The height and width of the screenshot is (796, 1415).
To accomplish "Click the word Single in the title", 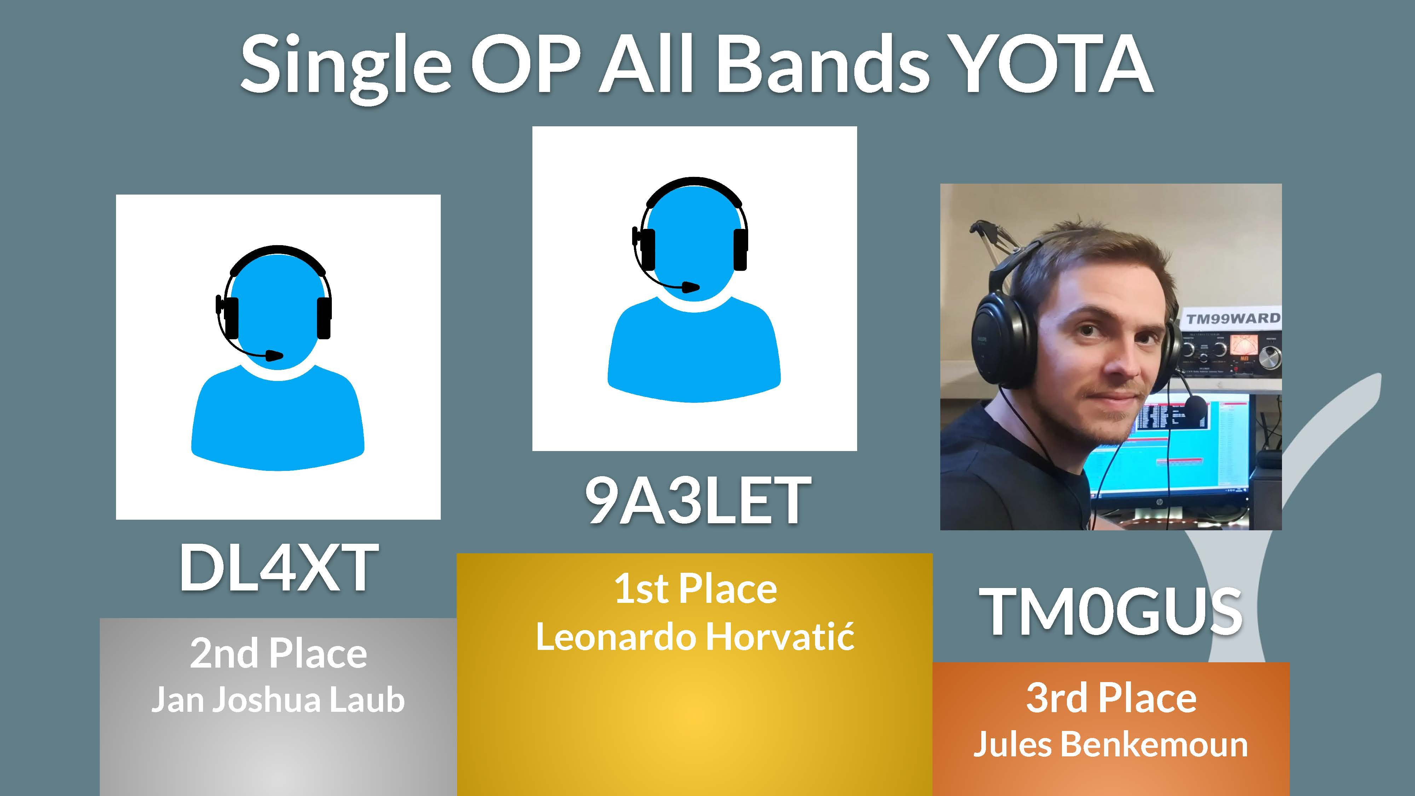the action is [x=346, y=69].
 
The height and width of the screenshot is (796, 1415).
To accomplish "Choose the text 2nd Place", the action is [x=278, y=654].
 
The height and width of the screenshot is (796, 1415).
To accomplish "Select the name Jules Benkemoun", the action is [x=1111, y=744].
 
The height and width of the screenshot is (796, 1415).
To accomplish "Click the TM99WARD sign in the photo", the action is [x=1232, y=319].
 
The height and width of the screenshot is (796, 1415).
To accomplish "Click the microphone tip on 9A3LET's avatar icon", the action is [x=691, y=287].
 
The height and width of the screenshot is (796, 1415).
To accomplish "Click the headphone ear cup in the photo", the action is [x=997, y=341].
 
